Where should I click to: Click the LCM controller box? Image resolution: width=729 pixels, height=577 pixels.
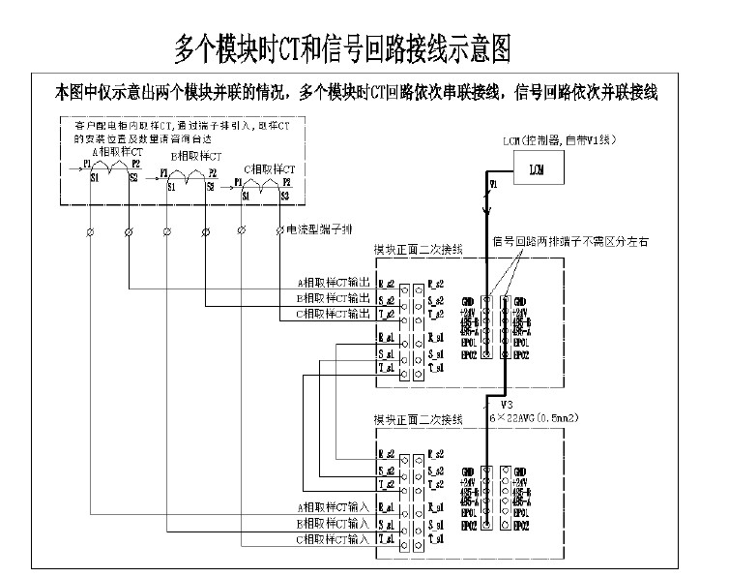[536, 168]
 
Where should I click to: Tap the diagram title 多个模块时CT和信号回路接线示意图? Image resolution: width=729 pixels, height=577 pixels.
[341, 46]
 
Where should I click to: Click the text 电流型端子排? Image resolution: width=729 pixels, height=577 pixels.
[313, 230]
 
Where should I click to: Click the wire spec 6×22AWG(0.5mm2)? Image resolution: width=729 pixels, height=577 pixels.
[550, 413]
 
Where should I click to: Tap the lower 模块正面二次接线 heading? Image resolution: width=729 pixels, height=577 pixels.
[419, 420]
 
